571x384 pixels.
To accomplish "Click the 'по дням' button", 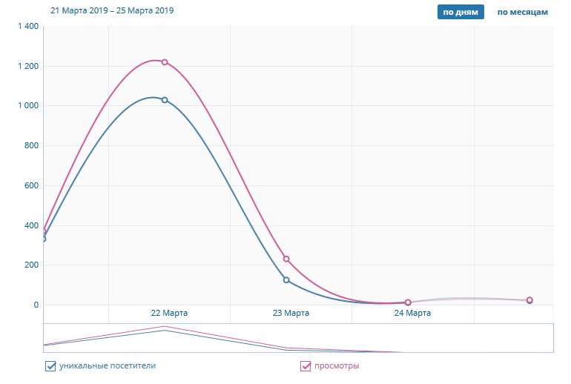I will point(461,12).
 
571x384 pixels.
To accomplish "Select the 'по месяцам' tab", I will point(522,12).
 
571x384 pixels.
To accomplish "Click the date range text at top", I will point(112,11).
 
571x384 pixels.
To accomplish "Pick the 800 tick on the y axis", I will point(30,146).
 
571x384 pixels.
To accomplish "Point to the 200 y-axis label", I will point(30,265).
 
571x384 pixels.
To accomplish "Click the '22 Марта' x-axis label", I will point(169,314).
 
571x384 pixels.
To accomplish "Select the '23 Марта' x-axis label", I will point(291,314).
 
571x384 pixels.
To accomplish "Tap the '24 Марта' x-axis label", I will point(412,314).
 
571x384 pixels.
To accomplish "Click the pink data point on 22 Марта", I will point(165,62).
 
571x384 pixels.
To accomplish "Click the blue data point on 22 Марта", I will point(165,100).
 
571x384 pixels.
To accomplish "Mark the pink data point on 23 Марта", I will point(286,259).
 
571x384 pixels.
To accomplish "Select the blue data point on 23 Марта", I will point(286,280).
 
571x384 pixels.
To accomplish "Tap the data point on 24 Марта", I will point(408,302).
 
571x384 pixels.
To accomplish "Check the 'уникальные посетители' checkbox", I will point(50,365).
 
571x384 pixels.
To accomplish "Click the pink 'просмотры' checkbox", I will point(306,365).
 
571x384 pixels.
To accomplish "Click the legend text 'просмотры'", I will point(337,365).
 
